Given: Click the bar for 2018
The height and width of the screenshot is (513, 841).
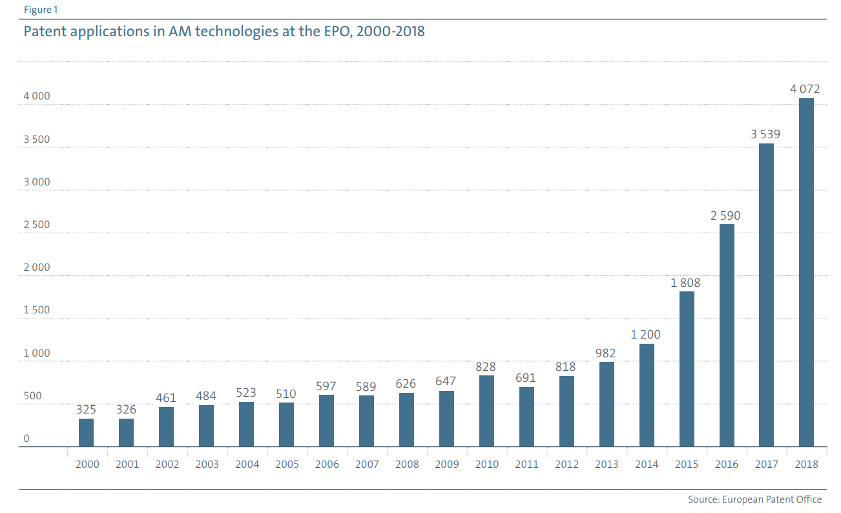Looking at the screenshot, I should point(806,272).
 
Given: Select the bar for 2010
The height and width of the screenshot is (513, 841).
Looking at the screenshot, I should point(486,411).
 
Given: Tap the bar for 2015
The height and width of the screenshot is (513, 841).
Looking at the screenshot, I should point(687,369).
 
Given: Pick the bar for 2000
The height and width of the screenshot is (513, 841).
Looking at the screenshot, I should point(87,432).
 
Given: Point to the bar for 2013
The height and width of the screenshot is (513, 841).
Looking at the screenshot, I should point(607,404).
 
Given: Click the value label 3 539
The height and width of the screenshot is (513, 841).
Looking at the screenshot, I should point(765,134).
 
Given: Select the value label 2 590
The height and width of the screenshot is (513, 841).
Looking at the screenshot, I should point(725,216).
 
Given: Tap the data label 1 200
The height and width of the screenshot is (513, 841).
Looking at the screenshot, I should point(647,335).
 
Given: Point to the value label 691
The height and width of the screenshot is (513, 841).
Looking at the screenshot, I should point(526,378).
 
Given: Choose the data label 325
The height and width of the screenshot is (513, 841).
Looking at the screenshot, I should point(87,410).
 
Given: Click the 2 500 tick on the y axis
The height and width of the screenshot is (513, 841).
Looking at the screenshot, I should point(37,225).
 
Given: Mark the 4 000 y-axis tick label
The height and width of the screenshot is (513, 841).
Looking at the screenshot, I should point(37,96).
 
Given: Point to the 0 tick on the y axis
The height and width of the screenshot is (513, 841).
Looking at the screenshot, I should point(26,439).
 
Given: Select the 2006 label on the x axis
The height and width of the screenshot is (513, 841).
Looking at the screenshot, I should point(327,464).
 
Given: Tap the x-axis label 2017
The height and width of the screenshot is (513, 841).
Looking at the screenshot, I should point(767,464).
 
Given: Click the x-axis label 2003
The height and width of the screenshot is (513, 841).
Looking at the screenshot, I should point(207,464).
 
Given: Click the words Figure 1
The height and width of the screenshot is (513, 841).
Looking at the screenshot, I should point(39,10).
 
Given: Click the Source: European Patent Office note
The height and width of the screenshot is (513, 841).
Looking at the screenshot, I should point(754,499).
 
